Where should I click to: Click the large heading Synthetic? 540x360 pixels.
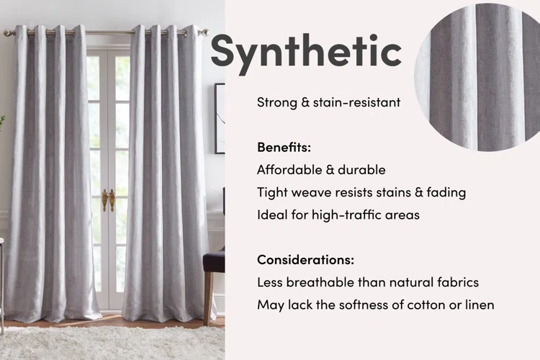305,51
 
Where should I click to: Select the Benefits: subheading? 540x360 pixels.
284,147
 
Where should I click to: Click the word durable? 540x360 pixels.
361,170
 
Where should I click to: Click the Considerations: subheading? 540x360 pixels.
305,259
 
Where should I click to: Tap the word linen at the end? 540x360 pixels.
476,305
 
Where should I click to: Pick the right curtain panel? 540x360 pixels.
166,173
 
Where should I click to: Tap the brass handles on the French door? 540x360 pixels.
107,199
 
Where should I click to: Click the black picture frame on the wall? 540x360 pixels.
220,118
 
